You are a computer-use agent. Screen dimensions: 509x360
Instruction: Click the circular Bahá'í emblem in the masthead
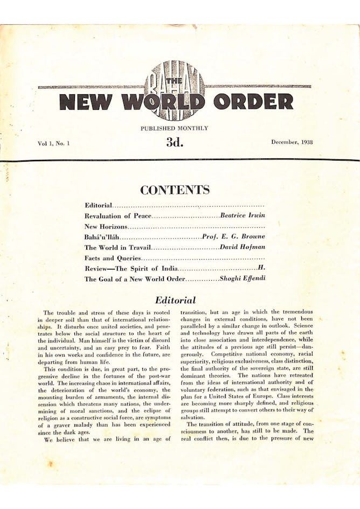coord(175,90)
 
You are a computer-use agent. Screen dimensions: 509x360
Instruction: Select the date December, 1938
coord(292,142)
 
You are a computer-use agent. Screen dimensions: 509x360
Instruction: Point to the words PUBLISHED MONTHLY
coord(174,128)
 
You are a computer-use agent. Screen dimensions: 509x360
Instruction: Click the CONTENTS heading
coord(175,190)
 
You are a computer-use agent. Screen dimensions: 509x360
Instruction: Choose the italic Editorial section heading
coord(175,300)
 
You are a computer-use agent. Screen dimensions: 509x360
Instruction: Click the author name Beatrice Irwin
coord(243,216)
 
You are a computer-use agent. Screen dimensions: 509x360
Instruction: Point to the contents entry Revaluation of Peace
coord(118,216)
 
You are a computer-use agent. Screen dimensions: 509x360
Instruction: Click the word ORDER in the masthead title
coord(253,101)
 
